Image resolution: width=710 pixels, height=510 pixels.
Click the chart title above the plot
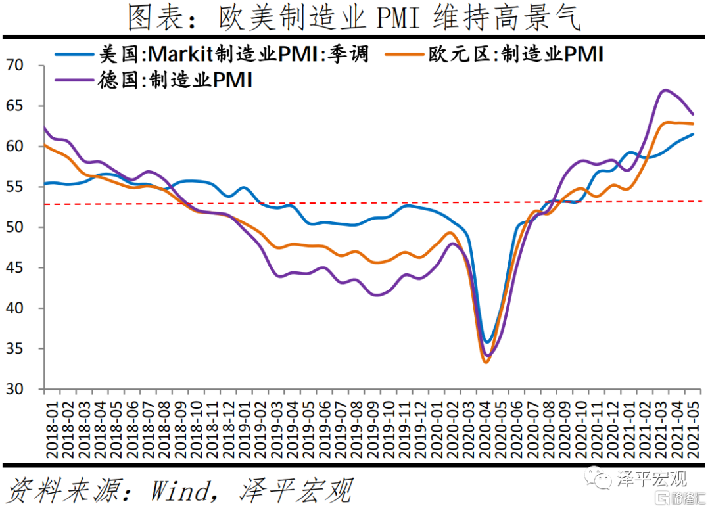[355, 18]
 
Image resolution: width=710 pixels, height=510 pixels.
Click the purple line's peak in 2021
[665, 90]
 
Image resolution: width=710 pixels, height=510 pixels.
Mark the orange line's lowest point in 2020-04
[486, 362]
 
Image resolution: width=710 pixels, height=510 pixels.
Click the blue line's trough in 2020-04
[486, 342]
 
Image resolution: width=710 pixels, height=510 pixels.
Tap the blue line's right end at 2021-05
[693, 134]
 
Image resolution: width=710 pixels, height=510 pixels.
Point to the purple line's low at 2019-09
[376, 295]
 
